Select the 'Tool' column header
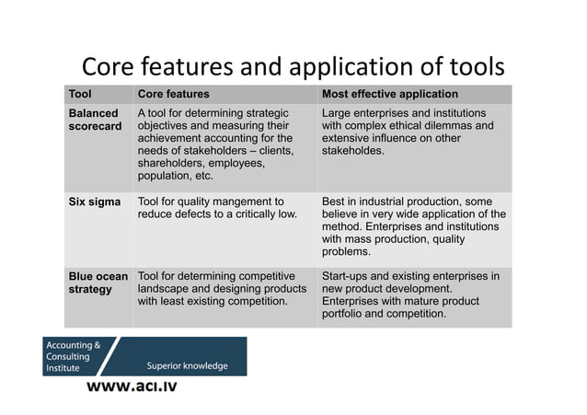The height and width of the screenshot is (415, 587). pyautogui.click(x=81, y=94)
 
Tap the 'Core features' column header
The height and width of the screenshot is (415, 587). pyautogui.click(x=173, y=94)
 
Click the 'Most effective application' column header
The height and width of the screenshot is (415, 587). pyautogui.click(x=389, y=94)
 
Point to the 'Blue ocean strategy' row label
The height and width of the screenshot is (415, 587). pyautogui.click(x=96, y=282)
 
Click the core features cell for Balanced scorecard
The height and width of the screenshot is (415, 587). pyautogui.click(x=215, y=144)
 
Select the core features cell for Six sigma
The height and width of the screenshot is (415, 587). pyautogui.click(x=217, y=208)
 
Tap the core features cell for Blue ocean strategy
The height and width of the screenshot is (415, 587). pyautogui.click(x=221, y=288)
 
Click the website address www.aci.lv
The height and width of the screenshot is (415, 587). pyautogui.click(x=132, y=386)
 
